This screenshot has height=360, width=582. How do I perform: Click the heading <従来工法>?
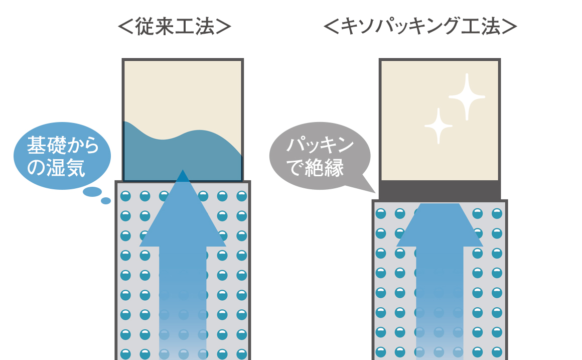(x=175, y=27)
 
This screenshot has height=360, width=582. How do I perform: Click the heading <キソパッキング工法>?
(x=420, y=27)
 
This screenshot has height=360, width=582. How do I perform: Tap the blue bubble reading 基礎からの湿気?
(x=62, y=156)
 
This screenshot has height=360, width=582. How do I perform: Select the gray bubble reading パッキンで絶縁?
(x=320, y=156)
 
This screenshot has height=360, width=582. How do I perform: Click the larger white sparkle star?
(x=467, y=97)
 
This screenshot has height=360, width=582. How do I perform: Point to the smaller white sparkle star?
(x=439, y=127)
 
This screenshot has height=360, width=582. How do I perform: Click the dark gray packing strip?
(x=440, y=190)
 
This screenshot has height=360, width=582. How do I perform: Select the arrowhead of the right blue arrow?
(x=440, y=225)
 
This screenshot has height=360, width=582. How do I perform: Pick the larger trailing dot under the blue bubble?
(x=92, y=192)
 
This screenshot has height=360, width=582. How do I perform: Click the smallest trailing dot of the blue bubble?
(x=106, y=201)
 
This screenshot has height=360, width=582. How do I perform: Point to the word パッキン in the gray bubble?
(x=320, y=145)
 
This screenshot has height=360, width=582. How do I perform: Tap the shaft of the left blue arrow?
(x=183, y=303)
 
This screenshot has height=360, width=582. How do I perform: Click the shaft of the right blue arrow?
(x=440, y=303)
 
